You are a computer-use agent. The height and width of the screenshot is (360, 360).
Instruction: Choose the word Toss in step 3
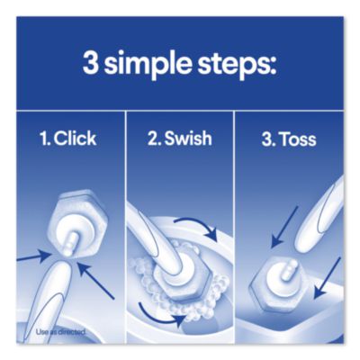(x=298, y=139)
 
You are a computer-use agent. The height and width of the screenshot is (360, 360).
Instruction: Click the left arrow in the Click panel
(x=33, y=258)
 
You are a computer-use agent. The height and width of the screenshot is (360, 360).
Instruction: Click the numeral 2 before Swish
(x=152, y=139)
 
